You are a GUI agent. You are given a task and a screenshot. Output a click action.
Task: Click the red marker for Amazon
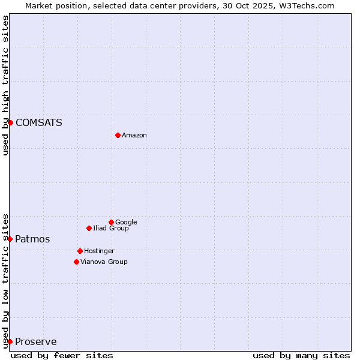tap(118, 135)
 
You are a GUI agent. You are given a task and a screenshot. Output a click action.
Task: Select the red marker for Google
tap(111, 222)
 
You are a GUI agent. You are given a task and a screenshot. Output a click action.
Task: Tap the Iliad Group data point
tap(89, 228)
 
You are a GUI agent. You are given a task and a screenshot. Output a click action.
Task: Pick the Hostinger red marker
tap(80, 251)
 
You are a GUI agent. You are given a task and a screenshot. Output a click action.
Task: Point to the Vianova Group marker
tap(76, 262)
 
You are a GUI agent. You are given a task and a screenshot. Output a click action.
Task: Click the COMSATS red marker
tap(10, 122)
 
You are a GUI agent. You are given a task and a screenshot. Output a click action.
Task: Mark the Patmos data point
tap(10, 239)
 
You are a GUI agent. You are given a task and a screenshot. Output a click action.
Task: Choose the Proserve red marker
tap(10, 341)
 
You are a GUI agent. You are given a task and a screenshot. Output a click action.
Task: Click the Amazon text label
tap(134, 136)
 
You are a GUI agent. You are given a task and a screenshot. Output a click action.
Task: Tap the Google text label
tap(126, 223)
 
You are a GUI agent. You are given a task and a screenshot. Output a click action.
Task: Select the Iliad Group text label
tap(111, 229)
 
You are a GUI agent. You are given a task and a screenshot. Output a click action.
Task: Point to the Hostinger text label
tap(99, 251)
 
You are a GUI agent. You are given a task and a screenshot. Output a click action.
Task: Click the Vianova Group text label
tap(104, 262)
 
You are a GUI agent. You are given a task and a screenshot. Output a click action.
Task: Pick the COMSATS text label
tap(38, 123)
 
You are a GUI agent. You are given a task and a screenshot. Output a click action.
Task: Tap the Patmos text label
tap(32, 239)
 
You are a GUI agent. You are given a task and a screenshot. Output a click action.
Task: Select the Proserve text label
tap(35, 342)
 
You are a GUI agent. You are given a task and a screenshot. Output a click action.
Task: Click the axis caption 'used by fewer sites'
tap(62, 355)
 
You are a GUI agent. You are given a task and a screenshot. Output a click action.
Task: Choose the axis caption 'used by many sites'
tap(301, 355)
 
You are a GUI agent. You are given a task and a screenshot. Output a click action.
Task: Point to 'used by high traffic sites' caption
tap(5, 85)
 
